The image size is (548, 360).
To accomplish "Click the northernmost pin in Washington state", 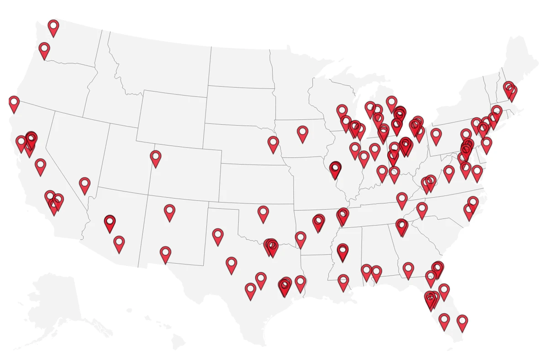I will tap(53, 27).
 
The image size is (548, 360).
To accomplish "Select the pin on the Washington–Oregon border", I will tap(44, 49).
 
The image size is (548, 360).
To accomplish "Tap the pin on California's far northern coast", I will tap(14, 103).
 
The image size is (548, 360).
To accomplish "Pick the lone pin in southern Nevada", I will tap(84, 185).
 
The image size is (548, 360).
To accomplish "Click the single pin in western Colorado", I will tap(156, 158).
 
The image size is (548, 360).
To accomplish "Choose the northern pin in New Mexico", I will tap(169, 212).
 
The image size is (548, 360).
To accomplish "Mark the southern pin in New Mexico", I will tap(165, 253).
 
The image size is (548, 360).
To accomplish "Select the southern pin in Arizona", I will tap(119, 243).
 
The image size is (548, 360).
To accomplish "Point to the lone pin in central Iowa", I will tap(302, 133).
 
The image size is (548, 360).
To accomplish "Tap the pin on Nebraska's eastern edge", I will tap(273, 143).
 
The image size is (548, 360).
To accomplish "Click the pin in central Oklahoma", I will tap(263, 212).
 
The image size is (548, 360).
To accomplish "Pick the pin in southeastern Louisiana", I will tap(343, 281).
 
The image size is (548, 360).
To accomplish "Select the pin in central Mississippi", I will tap(342, 251).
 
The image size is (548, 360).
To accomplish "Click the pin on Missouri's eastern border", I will tap(336, 169).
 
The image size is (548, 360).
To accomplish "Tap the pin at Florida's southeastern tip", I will tap(462, 322).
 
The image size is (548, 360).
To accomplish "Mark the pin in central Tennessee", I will tap(402, 199).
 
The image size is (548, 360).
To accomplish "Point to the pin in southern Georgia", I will tap(408, 269).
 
